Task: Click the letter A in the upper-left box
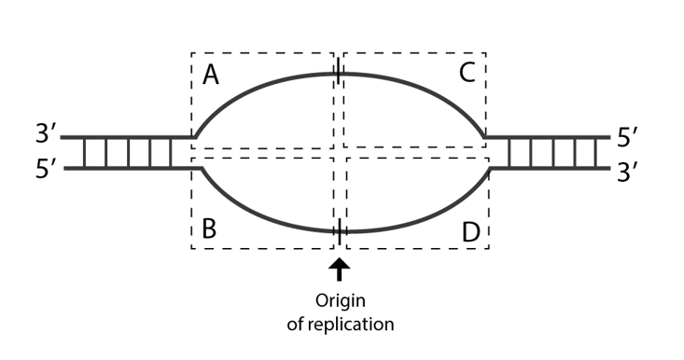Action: coord(210,75)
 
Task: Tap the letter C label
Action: coord(468,75)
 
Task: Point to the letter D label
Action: coord(469,231)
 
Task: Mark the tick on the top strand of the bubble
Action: coord(337,73)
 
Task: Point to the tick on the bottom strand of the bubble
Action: coord(339,230)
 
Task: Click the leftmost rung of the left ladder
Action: coord(84,153)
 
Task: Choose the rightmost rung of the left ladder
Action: coord(171,153)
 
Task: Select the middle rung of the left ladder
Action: coord(128,153)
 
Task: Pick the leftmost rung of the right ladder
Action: coord(510,153)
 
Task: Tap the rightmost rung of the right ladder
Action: coord(596,153)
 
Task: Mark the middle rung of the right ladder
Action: coord(553,153)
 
